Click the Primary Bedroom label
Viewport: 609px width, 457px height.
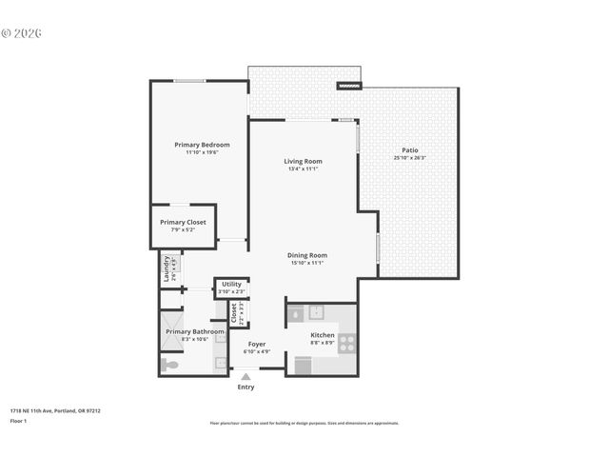point(202,144)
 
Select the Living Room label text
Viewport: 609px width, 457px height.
point(303,161)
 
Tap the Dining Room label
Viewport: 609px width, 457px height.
point(307,255)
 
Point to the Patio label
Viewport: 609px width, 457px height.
point(409,150)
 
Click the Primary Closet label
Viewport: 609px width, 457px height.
point(183,222)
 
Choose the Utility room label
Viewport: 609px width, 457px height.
point(231,284)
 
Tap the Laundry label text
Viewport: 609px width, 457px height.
point(167,265)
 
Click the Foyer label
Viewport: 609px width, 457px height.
point(257,344)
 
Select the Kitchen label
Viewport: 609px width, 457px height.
point(323,335)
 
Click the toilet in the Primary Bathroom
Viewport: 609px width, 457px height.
point(171,364)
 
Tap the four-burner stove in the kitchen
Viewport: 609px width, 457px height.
point(347,345)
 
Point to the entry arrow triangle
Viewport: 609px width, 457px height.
point(246,377)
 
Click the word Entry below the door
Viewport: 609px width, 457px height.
point(246,387)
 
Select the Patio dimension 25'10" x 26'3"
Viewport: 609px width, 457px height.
point(409,159)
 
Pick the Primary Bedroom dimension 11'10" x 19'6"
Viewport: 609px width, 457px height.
point(202,152)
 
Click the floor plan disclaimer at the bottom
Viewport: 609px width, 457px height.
point(304,423)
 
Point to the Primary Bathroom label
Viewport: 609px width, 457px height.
point(195,331)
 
